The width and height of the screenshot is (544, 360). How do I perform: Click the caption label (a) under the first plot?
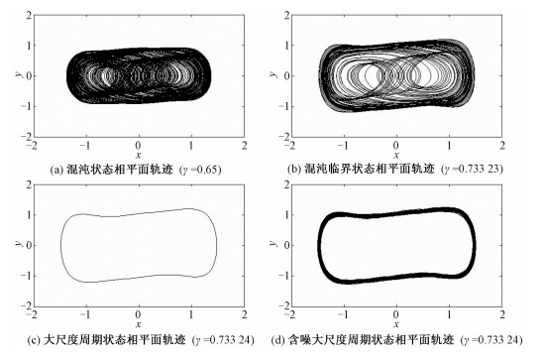pyautogui.click(x=55, y=170)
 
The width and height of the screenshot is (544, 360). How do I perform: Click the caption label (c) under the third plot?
pyautogui.click(x=33, y=339)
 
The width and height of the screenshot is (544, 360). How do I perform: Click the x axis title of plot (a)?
pyautogui.click(x=139, y=155)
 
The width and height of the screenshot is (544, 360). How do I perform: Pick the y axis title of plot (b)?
pyautogui.click(x=273, y=73)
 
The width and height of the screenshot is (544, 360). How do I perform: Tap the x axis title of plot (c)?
pyautogui.click(x=139, y=324)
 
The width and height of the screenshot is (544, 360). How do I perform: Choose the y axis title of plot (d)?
pyautogui.click(x=273, y=243)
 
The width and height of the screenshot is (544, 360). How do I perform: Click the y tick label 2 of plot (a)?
pyautogui.click(x=29, y=15)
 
